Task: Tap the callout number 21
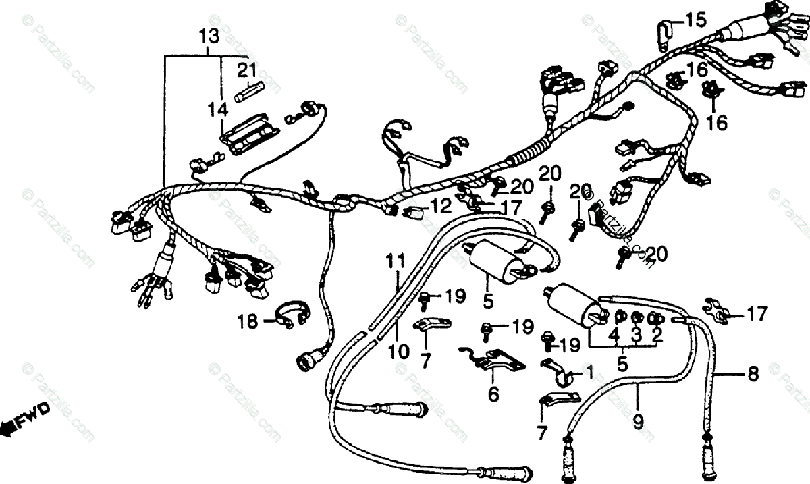tap(247, 70)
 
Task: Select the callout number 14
tap(218, 108)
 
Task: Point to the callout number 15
tap(695, 20)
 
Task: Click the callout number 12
tap(441, 204)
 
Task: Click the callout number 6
tap(493, 395)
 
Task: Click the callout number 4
tap(614, 335)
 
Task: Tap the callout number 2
tap(656, 335)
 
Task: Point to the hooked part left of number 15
tap(664, 34)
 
